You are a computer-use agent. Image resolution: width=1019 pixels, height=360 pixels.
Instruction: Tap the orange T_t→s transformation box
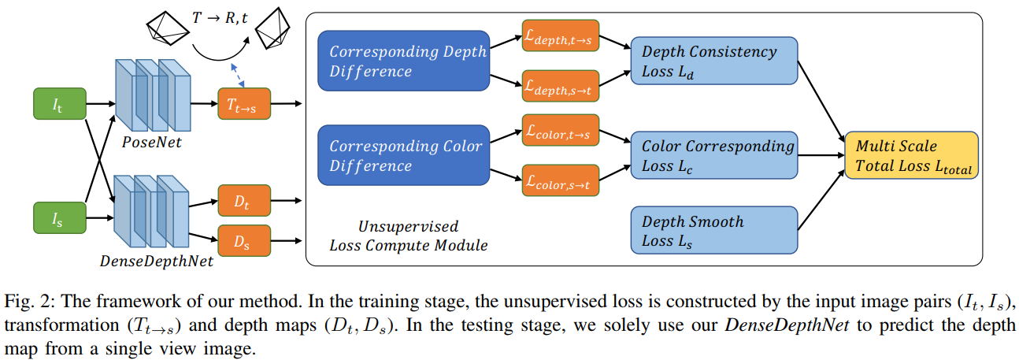[x=243, y=105]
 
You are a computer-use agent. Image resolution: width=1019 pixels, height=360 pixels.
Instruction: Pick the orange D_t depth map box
[x=243, y=201]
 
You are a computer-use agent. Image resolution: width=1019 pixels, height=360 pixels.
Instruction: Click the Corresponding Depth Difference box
[x=403, y=61]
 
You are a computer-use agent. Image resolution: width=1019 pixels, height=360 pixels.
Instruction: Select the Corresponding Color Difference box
[x=403, y=156]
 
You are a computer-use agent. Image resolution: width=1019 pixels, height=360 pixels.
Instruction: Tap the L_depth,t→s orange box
[x=560, y=36]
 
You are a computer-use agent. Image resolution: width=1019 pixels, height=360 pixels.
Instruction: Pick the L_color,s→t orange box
[x=560, y=180]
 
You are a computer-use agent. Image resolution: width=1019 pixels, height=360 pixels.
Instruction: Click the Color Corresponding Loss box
[x=715, y=156]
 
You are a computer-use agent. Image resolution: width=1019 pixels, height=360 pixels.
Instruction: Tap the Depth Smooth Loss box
[x=715, y=231]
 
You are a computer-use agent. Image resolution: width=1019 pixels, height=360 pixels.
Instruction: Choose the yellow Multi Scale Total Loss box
[x=911, y=156]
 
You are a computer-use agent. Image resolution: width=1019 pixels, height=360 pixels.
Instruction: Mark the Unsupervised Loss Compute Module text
[x=408, y=236]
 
